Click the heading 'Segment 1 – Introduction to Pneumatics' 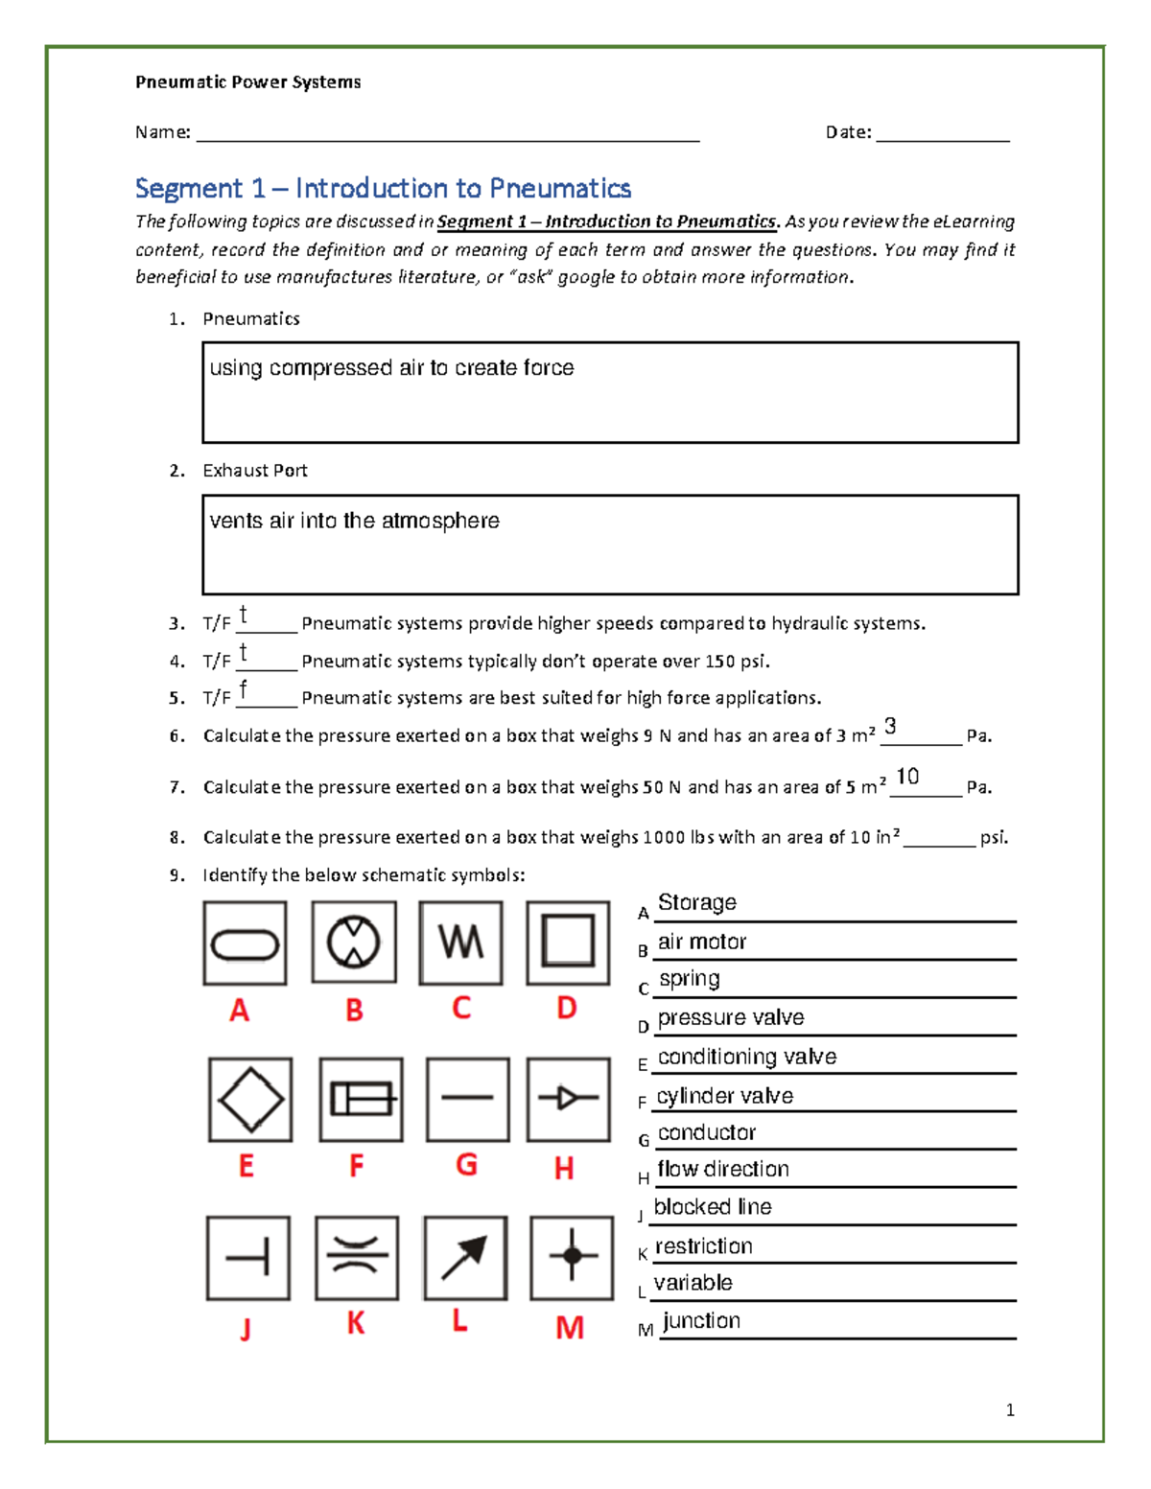tap(383, 188)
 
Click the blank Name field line tap(447, 134)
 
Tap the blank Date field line tap(942, 134)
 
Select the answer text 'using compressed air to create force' tap(391, 368)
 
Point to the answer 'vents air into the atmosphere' tap(354, 521)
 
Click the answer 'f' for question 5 tap(244, 689)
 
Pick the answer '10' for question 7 tap(906, 777)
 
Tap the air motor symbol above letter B tap(354, 942)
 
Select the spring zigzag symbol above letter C tap(461, 942)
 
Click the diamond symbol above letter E tap(250, 1100)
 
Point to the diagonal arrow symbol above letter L tap(464, 1258)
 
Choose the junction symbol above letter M tap(572, 1256)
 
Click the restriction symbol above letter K tap(357, 1256)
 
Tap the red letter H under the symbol tap(564, 1168)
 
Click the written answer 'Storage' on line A tap(697, 902)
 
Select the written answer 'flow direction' tap(723, 1169)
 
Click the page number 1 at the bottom tap(1010, 1409)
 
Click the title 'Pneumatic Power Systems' tap(247, 82)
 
